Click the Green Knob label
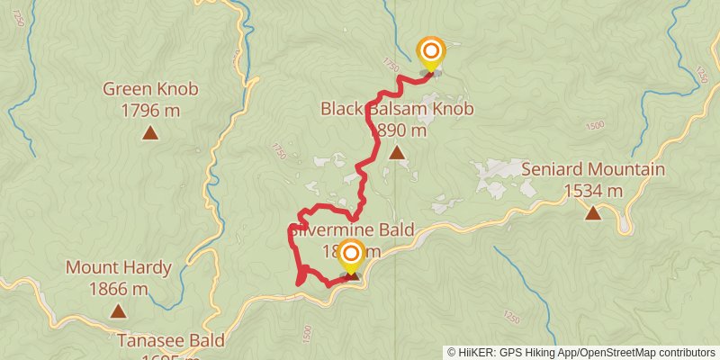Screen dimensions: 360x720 (x=150, y=89)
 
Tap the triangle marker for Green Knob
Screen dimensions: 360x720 (x=150, y=133)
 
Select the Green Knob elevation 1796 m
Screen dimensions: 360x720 (x=150, y=111)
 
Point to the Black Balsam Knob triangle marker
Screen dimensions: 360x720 (x=397, y=153)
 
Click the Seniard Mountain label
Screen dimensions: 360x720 (x=593, y=169)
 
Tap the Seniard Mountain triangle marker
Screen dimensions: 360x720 (x=593, y=212)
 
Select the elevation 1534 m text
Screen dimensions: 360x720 (x=593, y=190)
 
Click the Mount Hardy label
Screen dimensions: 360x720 (x=106, y=267)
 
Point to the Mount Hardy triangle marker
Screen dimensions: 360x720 (x=118, y=311)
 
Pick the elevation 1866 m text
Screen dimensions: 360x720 (x=118, y=289)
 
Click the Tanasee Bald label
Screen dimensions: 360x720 (x=171, y=340)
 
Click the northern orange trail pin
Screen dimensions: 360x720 (x=431, y=52)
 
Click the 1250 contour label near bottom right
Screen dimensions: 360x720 (x=512, y=317)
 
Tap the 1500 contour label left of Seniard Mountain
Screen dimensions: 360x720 (x=595, y=126)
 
